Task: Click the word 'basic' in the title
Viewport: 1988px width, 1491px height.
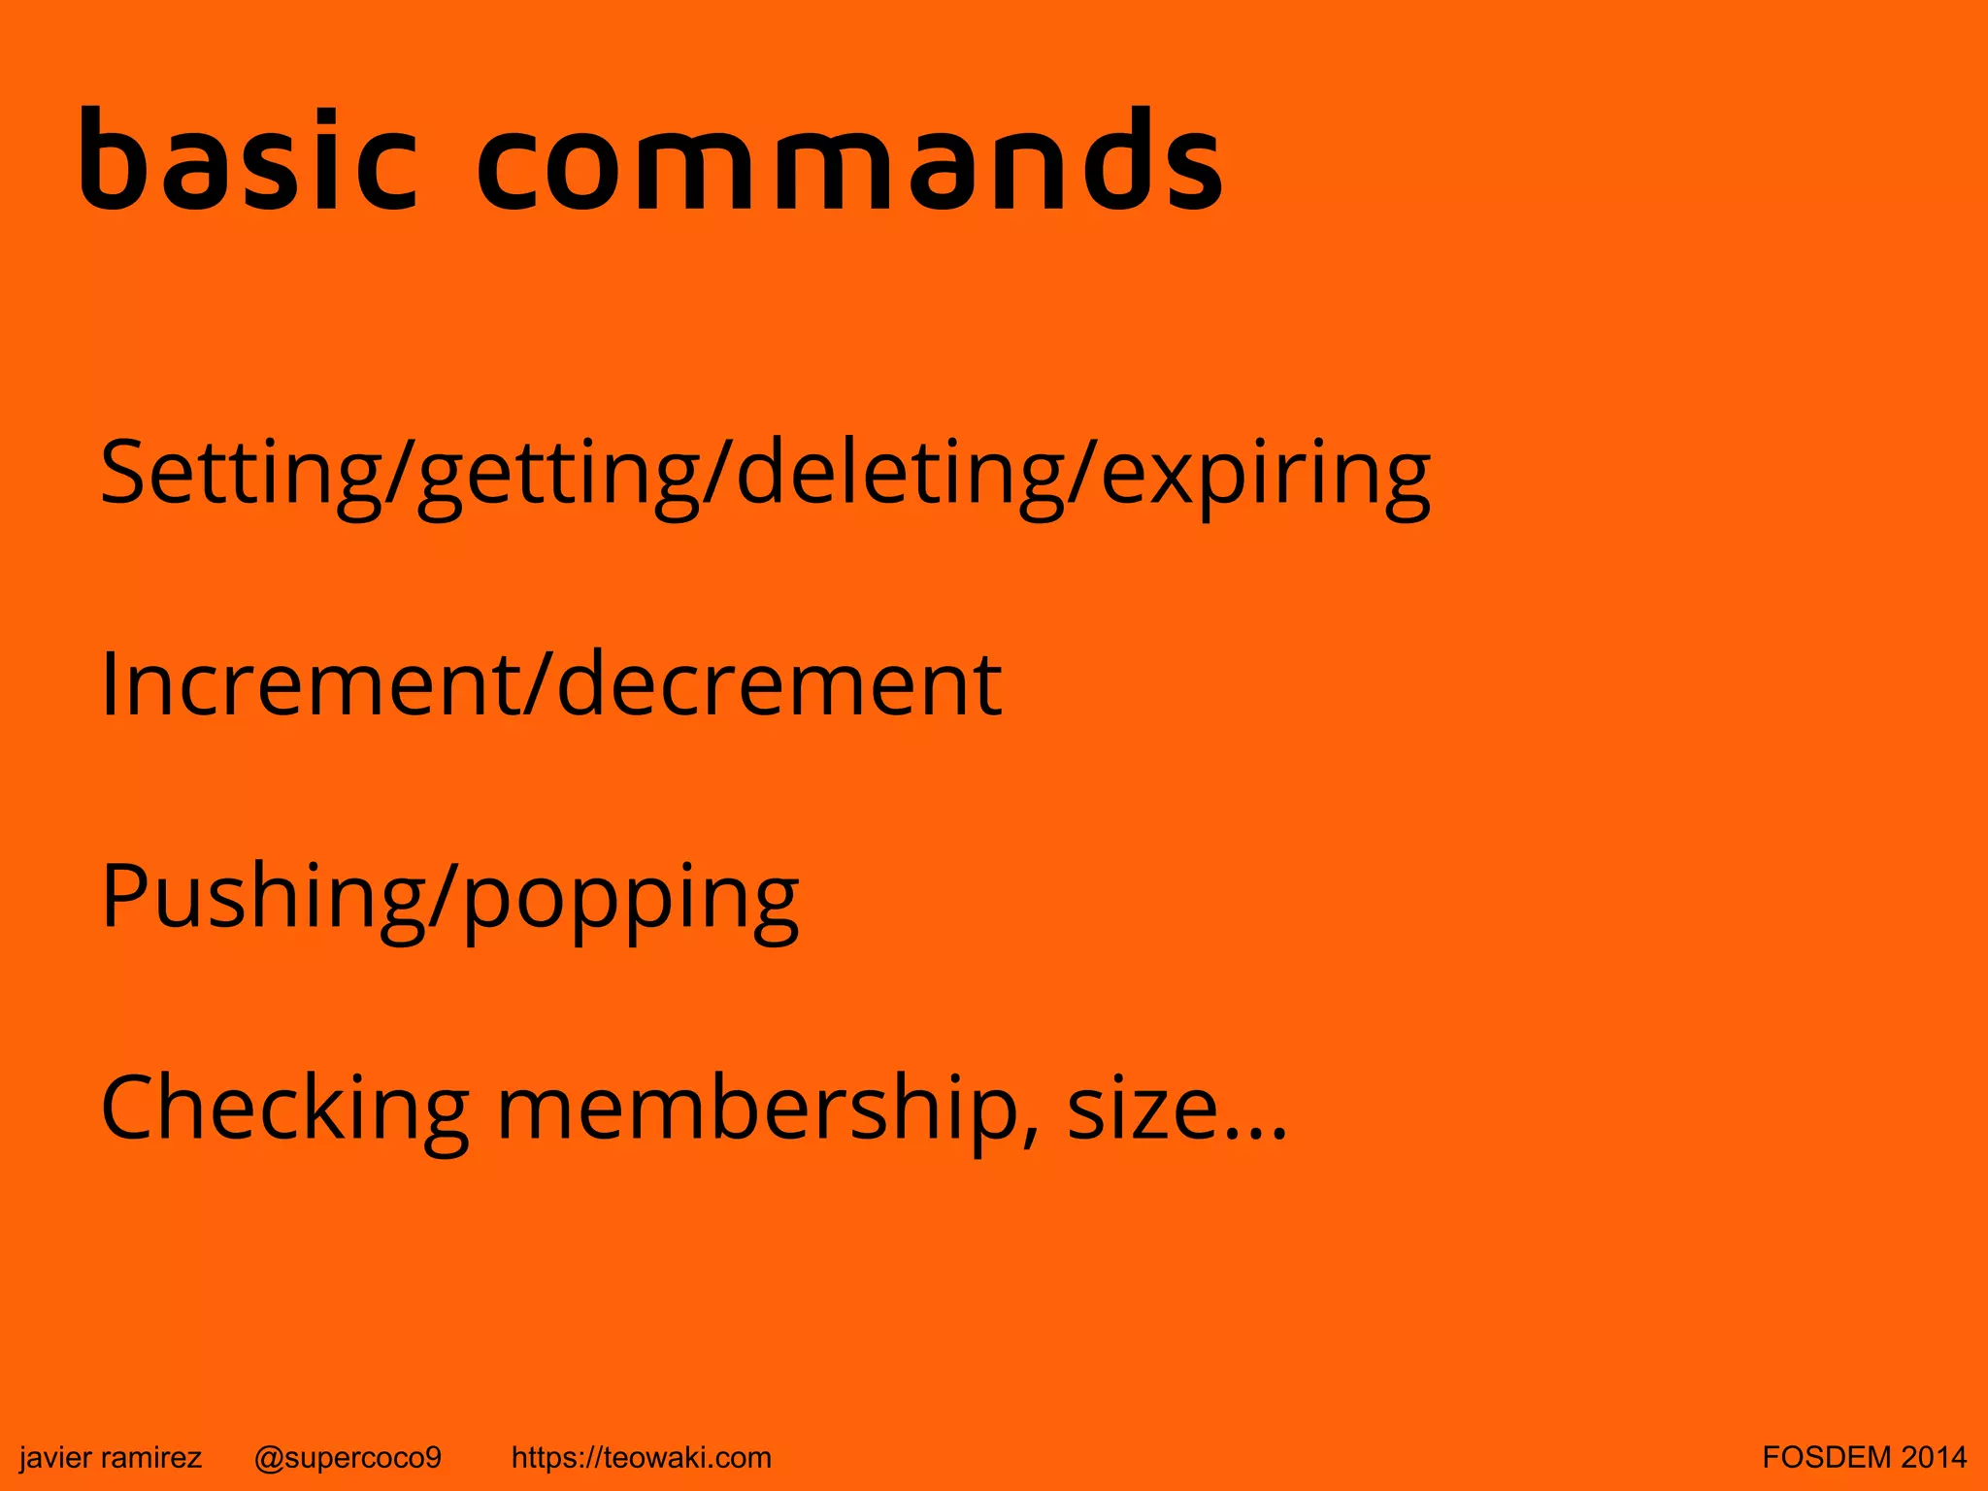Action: [248, 159]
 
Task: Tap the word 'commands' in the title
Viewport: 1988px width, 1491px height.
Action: [850, 159]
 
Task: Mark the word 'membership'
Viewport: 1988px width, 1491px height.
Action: [757, 1109]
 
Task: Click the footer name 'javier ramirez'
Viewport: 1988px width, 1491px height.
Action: [111, 1457]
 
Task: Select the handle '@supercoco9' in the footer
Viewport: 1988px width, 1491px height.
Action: [348, 1457]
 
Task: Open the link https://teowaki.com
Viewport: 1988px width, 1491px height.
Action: [641, 1457]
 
